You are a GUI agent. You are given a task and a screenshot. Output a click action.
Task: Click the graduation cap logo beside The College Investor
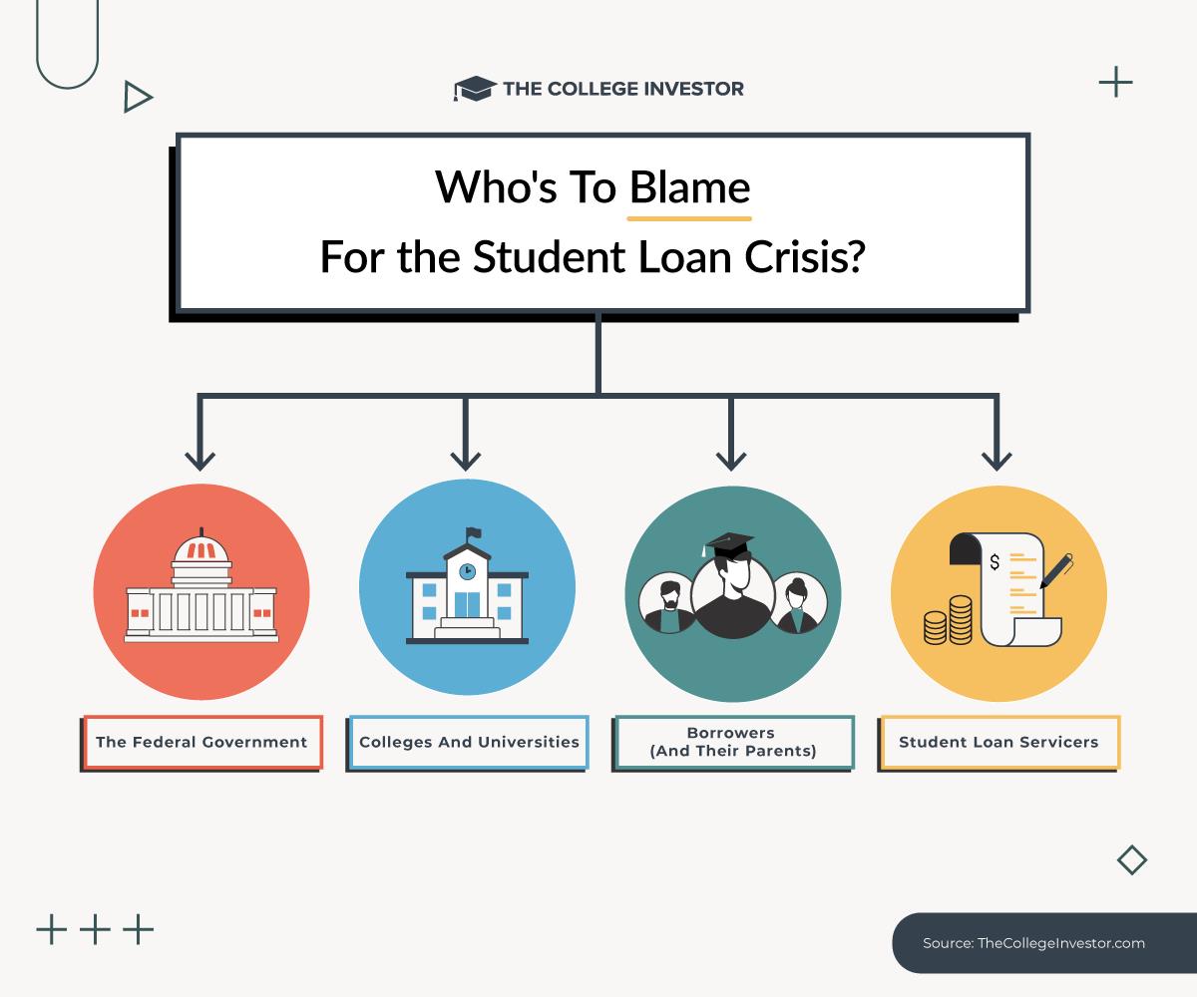pyautogui.click(x=475, y=89)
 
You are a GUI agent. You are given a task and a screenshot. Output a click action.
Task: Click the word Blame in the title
pyautogui.click(x=689, y=187)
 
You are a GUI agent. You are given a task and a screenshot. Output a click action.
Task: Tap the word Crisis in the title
pyautogui.click(x=804, y=257)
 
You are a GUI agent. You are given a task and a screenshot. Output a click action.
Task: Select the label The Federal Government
pyautogui.click(x=201, y=742)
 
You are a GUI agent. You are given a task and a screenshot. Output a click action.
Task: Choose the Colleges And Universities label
pyautogui.click(x=469, y=742)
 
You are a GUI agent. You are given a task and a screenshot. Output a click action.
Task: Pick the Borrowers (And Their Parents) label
pyautogui.click(x=732, y=742)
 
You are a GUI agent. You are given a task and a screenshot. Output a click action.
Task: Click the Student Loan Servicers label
pyautogui.click(x=998, y=742)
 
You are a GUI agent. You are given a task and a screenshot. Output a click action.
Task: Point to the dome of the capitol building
pyautogui.click(x=201, y=548)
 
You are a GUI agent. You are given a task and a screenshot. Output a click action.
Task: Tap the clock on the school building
pyautogui.click(x=467, y=571)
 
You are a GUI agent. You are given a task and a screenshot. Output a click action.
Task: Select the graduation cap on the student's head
pyautogui.click(x=728, y=544)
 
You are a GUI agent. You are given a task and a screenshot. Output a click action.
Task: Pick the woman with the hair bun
pyautogui.click(x=797, y=603)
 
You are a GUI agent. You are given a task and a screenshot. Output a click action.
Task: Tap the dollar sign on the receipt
pyautogui.click(x=995, y=562)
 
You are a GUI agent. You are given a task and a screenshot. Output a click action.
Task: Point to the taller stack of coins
pyautogui.click(x=961, y=620)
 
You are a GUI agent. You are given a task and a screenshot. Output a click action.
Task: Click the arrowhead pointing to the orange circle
pyautogui.click(x=200, y=461)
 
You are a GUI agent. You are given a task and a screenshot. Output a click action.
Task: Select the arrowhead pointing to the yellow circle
pyautogui.click(x=997, y=461)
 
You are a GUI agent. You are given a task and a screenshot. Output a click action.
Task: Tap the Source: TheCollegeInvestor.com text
pyautogui.click(x=1033, y=943)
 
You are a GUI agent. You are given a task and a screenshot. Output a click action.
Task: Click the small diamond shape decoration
pyautogui.click(x=1132, y=860)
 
